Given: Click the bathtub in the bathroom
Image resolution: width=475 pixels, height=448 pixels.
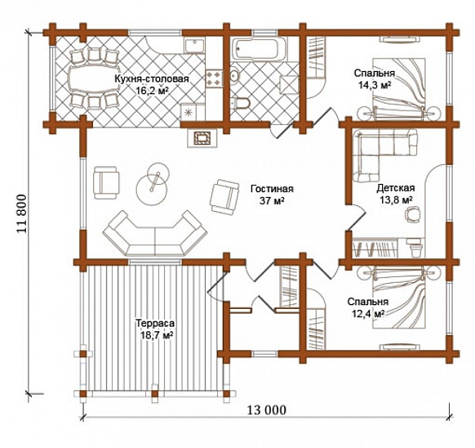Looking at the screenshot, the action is pyautogui.click(x=259, y=49).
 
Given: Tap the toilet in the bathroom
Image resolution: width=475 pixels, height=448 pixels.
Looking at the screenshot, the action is pyautogui.click(x=242, y=103).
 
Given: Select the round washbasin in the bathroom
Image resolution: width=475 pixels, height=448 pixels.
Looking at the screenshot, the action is pyautogui.click(x=235, y=75).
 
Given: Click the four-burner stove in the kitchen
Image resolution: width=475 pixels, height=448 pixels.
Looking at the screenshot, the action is pyautogui.click(x=215, y=79).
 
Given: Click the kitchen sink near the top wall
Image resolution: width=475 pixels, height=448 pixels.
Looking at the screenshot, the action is pyautogui.click(x=194, y=46).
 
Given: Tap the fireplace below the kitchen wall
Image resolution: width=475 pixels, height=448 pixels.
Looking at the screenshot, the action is pyautogui.click(x=202, y=138).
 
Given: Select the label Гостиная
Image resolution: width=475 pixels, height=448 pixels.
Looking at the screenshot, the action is pyautogui.click(x=272, y=189).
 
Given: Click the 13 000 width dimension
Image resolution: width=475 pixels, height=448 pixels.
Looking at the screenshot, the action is pyautogui.click(x=267, y=410).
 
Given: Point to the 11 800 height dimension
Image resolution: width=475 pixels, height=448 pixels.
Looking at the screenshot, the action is pyautogui.click(x=22, y=213).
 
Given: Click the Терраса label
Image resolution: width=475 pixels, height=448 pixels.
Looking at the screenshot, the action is pyautogui.click(x=155, y=323).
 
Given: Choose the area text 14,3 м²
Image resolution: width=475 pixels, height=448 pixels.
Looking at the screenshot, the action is pyautogui.click(x=374, y=85).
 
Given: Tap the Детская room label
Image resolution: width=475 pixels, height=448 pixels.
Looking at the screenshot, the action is pyautogui.click(x=396, y=188).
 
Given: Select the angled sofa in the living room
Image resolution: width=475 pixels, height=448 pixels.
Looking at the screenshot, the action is pyautogui.click(x=155, y=235).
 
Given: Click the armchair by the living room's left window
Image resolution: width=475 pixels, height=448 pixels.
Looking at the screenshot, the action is pyautogui.click(x=106, y=182).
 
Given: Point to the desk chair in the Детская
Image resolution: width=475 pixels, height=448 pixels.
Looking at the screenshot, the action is pyautogui.click(x=413, y=214).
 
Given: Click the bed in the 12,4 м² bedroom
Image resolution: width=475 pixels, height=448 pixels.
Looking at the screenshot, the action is pyautogui.click(x=398, y=297).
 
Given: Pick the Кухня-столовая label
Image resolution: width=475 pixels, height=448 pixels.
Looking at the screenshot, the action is pyautogui.click(x=152, y=79).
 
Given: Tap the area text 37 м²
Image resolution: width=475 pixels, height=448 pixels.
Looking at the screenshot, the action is pyautogui.click(x=272, y=200).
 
